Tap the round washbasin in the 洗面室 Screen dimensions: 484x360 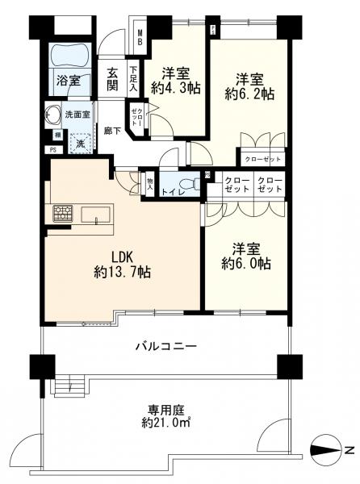point(54,113)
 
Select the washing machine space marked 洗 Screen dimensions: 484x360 point(81,143)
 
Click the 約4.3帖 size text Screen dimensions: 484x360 point(173,90)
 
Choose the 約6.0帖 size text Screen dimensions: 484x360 point(246,264)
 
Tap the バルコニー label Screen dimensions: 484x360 point(165,347)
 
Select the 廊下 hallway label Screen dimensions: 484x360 point(112,131)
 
